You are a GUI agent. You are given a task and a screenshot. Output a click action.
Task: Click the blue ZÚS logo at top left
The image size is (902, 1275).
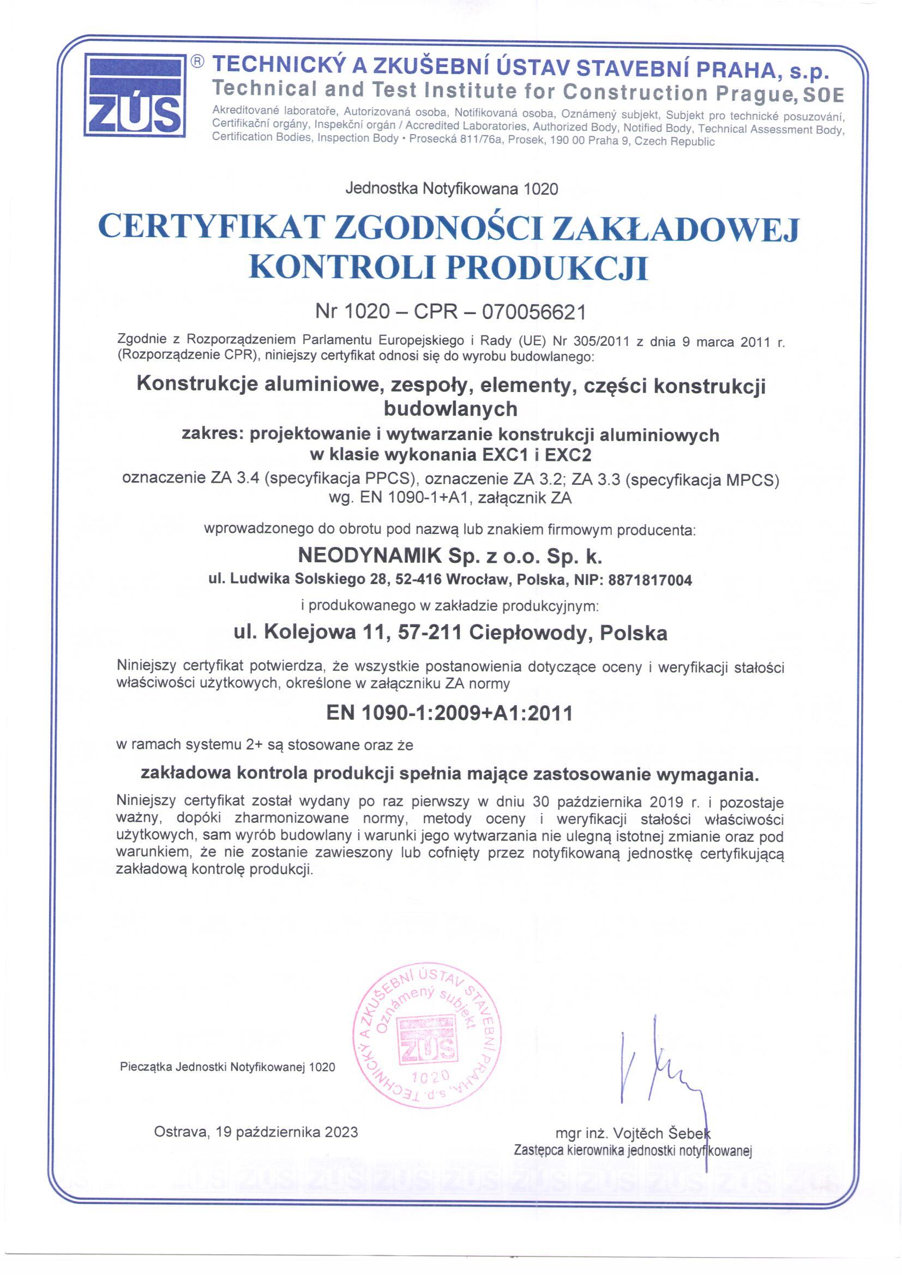[x=135, y=95]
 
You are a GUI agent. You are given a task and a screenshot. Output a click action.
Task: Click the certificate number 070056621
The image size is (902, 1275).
[x=534, y=312]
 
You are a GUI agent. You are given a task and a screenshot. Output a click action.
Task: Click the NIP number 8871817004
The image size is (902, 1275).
[x=651, y=581]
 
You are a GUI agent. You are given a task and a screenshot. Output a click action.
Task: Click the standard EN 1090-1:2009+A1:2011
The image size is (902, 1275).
[x=449, y=713]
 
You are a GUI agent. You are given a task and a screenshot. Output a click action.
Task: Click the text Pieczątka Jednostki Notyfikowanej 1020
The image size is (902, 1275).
[x=227, y=1067]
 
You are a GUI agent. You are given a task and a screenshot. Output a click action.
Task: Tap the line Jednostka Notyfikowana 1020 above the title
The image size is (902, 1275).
[x=451, y=189]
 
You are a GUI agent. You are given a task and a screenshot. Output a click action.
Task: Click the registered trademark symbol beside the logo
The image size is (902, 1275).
[x=198, y=62]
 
